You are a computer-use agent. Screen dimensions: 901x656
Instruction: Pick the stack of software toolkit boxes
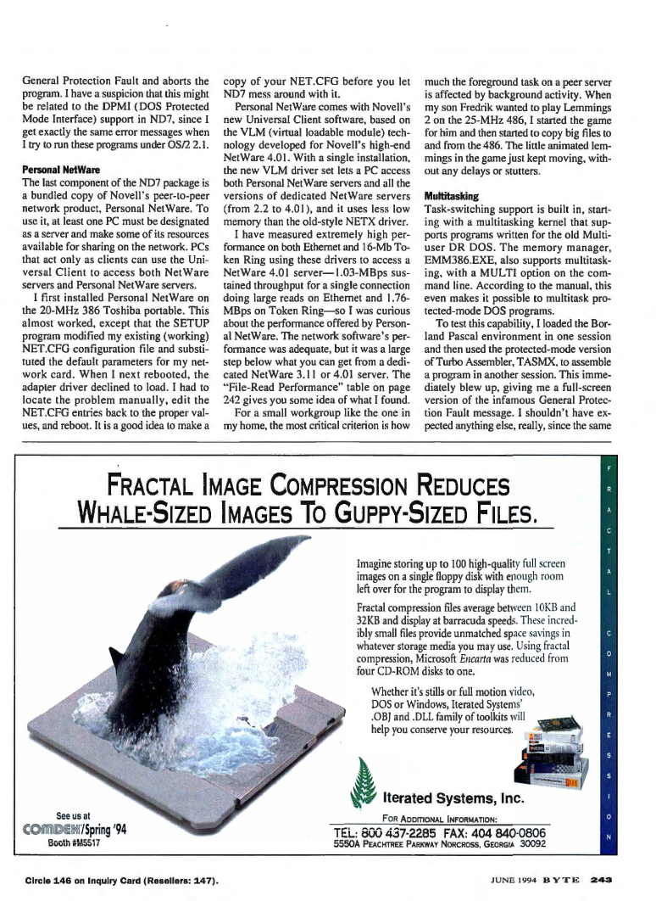[x=547, y=748]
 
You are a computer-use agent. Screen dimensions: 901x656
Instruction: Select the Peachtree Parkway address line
[x=439, y=845]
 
